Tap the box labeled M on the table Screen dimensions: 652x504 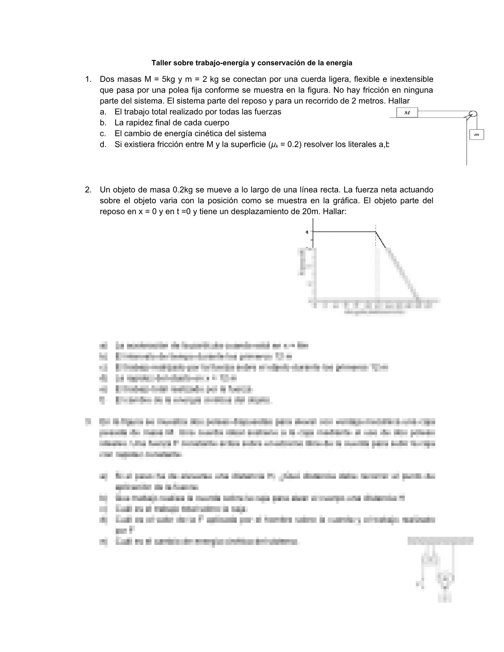(x=407, y=112)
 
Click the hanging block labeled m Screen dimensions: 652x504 (x=476, y=135)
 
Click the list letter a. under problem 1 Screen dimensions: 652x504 (x=103, y=112)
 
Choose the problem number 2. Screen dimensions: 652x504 (x=88, y=190)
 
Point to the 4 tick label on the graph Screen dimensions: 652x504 (x=307, y=232)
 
